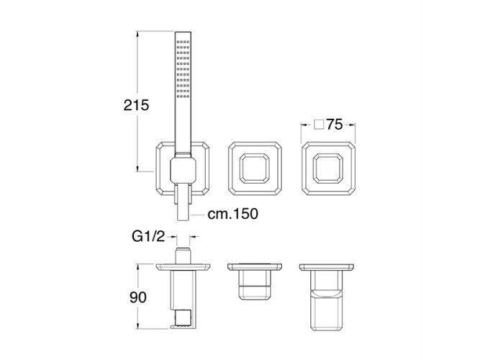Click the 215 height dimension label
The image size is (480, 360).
click(x=136, y=105)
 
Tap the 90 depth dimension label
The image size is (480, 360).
click(x=138, y=297)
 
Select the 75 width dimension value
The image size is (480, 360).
click(x=334, y=125)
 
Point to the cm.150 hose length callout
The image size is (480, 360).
click(x=232, y=214)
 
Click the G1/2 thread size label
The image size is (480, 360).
click(x=148, y=237)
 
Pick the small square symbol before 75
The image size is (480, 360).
click(x=319, y=125)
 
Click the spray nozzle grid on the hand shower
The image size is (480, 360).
click(x=183, y=69)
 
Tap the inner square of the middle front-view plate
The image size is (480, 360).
click(x=254, y=168)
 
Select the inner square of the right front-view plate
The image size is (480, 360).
click(x=328, y=168)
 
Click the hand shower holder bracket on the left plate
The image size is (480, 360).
click(x=183, y=168)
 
